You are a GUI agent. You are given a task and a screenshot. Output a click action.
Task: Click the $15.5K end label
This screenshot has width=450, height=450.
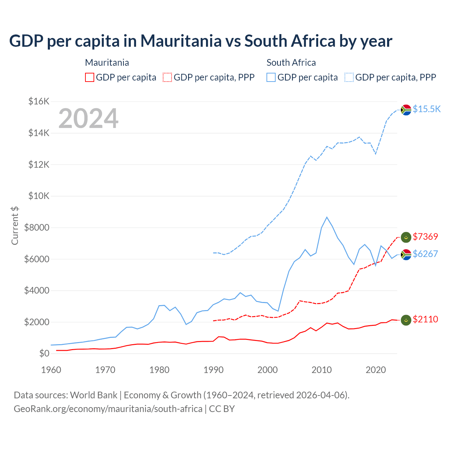426,109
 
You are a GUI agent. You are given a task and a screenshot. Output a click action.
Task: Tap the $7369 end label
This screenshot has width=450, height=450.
425,237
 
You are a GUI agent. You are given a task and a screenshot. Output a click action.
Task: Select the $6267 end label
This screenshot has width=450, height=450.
425,254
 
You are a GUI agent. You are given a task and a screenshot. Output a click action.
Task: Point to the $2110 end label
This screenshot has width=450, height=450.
425,319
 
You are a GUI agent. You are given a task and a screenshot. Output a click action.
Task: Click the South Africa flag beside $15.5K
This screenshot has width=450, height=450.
406,110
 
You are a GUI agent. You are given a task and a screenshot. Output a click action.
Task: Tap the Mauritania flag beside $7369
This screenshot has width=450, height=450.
406,237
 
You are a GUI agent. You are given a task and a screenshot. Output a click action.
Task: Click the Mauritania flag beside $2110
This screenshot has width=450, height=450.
406,320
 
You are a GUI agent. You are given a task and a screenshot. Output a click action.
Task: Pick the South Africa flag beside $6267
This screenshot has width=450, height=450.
406,255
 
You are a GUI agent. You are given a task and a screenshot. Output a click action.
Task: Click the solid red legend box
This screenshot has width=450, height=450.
90,77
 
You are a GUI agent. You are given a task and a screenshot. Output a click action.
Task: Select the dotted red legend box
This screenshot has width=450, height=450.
167,77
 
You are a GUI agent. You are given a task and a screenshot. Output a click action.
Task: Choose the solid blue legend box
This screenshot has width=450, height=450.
271,77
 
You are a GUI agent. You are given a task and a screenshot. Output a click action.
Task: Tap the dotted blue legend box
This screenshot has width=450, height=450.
349,77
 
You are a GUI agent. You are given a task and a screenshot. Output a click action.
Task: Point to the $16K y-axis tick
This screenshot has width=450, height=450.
39,102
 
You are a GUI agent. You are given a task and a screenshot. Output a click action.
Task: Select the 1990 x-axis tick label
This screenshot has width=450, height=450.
213,370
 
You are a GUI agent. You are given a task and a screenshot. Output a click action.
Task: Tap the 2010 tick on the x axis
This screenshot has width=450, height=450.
322,370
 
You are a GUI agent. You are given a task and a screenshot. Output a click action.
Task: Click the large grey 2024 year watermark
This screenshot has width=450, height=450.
88,118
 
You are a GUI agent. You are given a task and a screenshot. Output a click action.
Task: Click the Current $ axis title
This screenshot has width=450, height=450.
15,226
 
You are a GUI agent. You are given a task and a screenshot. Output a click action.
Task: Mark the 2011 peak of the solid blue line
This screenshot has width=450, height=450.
327,217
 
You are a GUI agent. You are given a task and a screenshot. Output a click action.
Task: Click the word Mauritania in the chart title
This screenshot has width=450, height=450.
181,41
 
